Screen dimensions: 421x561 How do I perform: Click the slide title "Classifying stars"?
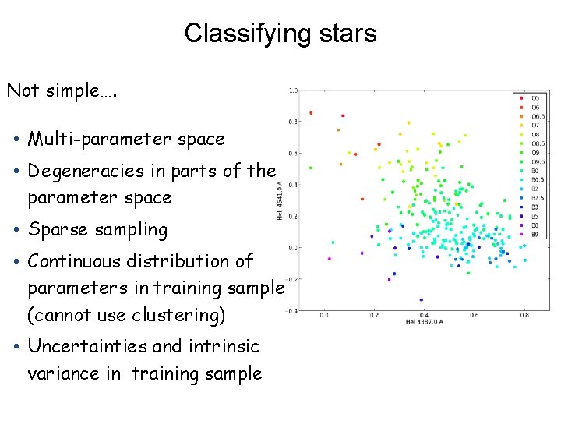pos(280,34)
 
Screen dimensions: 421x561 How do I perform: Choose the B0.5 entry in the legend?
pos(537,179)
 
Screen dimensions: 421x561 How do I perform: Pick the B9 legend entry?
pos(535,233)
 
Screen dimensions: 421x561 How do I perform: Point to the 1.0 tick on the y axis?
pos(293,90)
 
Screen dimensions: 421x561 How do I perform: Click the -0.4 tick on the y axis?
pos(292,310)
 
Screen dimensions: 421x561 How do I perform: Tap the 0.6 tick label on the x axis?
pos(474,316)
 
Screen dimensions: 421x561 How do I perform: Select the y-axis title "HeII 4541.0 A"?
pos(280,200)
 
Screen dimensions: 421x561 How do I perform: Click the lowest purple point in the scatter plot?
pos(421,299)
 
